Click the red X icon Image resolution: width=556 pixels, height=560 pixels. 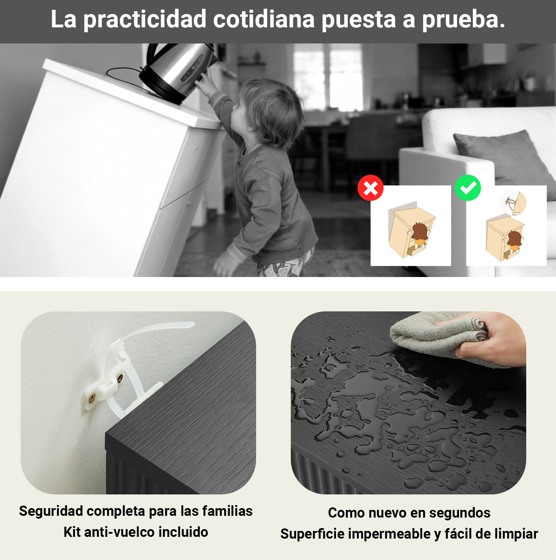point(370,188)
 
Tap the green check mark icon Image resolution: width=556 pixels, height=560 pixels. point(468,188)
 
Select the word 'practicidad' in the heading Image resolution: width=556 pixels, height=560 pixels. point(145,19)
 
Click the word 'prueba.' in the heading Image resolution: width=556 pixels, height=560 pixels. point(464,20)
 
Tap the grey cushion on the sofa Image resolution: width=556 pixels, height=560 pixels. point(504,158)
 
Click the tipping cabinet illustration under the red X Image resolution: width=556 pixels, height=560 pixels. point(412,231)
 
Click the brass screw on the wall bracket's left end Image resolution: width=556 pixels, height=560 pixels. point(92,398)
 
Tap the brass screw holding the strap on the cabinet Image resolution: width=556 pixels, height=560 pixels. point(120,378)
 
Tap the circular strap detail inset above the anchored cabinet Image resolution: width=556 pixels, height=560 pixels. point(513,203)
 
